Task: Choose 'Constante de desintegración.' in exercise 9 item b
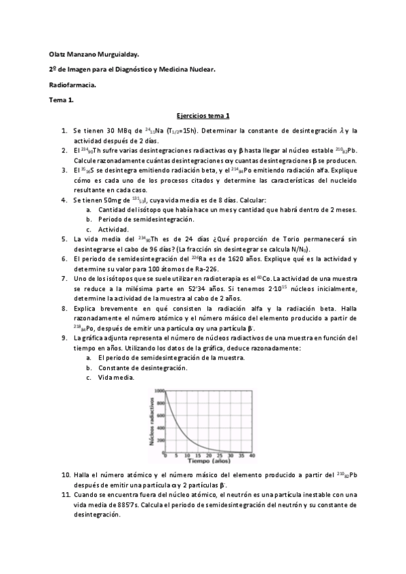pos(142,367)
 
